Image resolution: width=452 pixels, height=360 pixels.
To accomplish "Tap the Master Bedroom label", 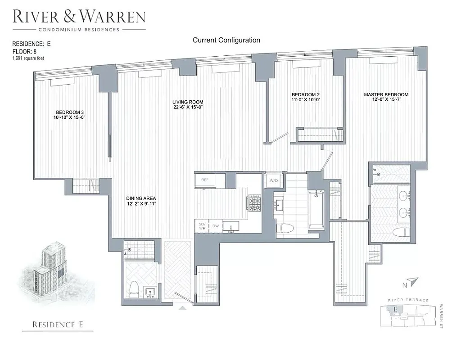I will tap(386, 95).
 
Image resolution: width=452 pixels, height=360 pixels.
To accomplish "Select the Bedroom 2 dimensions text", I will tap(306, 100).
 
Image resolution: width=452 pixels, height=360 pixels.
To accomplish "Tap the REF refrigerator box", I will tap(205, 180).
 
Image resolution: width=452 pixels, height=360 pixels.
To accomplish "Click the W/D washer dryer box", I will tap(273, 180).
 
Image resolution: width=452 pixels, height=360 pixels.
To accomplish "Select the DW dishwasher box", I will tap(216, 226).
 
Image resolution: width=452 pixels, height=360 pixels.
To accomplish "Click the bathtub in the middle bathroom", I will tap(316, 209).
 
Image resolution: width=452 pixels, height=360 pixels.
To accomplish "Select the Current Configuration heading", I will tap(226, 40).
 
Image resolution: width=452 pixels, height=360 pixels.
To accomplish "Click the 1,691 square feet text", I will tap(28, 58).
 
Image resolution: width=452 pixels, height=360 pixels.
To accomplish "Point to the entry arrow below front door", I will tap(183, 308).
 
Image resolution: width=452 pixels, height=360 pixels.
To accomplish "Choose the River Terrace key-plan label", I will tap(407, 300).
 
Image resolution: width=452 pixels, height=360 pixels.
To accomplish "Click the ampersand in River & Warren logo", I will tap(78, 17).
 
